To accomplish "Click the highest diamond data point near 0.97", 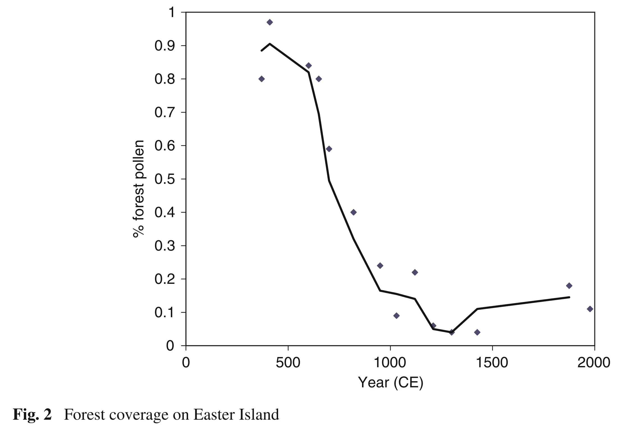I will pos(270,22).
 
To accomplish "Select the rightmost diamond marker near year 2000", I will pos(590,309).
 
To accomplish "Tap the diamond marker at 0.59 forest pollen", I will pos(329,149).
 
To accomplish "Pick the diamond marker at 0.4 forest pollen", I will pos(354,212).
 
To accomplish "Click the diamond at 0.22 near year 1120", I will pos(415,272).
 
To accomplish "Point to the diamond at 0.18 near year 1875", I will pos(569,286).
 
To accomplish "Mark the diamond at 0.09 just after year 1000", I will pos(397,316).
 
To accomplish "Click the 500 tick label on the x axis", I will pos(288,362).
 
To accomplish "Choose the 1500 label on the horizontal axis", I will pos(492,362).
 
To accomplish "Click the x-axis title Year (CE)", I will pos(390,382).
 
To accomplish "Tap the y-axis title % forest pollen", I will pos(138,189).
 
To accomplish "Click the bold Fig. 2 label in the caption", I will pos(32,414).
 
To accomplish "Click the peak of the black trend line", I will pos(270,44).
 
